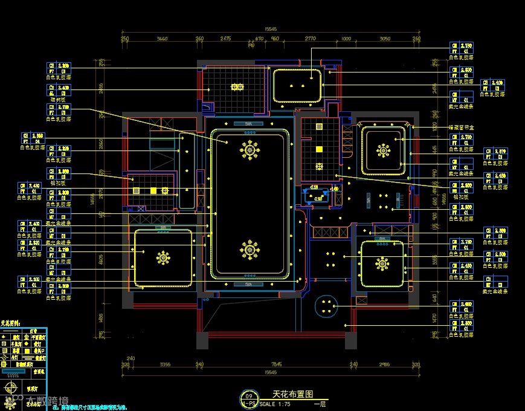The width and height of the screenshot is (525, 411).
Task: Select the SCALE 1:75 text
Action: pos(275,404)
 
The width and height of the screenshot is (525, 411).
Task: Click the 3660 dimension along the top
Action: pos(162,39)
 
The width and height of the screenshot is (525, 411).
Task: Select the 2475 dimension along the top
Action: pos(225,39)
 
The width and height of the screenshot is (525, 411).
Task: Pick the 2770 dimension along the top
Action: pos(311,39)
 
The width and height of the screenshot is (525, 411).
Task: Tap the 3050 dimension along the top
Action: pos(384,39)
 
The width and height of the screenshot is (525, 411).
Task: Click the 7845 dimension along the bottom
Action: pos(277,364)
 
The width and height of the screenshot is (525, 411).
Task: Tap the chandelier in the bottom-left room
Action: pos(163,258)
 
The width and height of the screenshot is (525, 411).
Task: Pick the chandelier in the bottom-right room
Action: pos(382,264)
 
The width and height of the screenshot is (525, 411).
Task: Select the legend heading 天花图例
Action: pos(10,324)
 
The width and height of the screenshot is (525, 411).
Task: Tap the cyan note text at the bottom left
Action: pos(91,407)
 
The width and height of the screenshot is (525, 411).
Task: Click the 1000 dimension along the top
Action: pos(346,39)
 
